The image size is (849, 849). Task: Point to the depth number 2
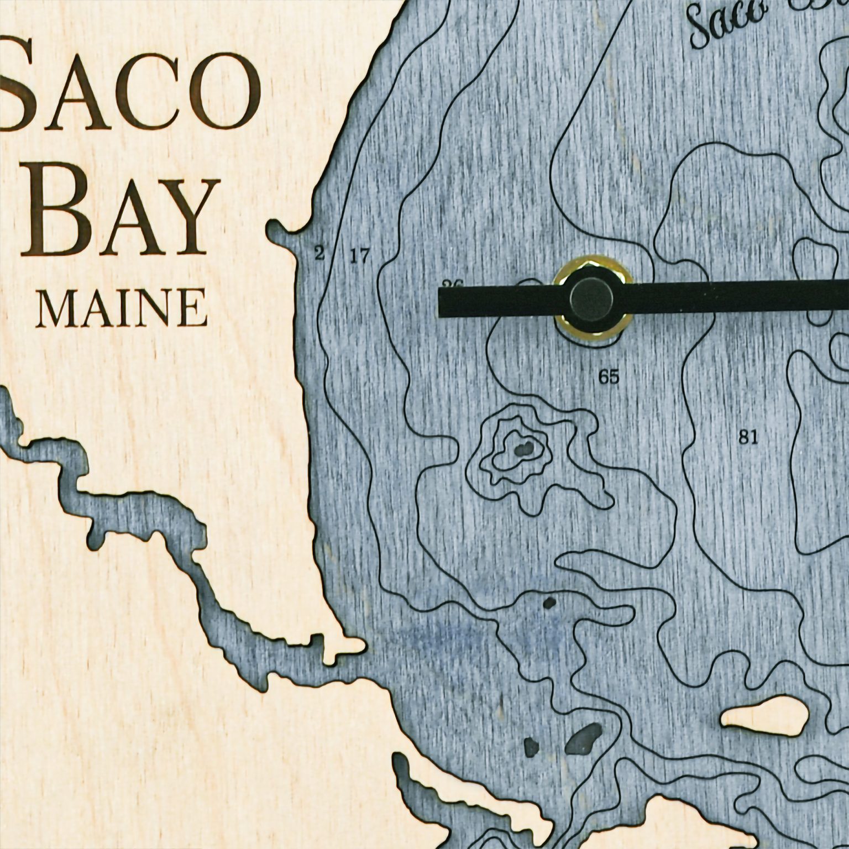(x=319, y=254)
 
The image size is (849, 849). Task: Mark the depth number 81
(x=748, y=437)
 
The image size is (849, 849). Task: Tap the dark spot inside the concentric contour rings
(x=523, y=448)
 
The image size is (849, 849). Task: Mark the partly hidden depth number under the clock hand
(x=452, y=285)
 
